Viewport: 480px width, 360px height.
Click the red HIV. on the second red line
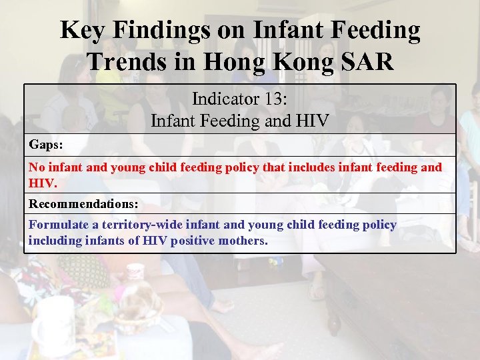(x=41, y=181)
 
